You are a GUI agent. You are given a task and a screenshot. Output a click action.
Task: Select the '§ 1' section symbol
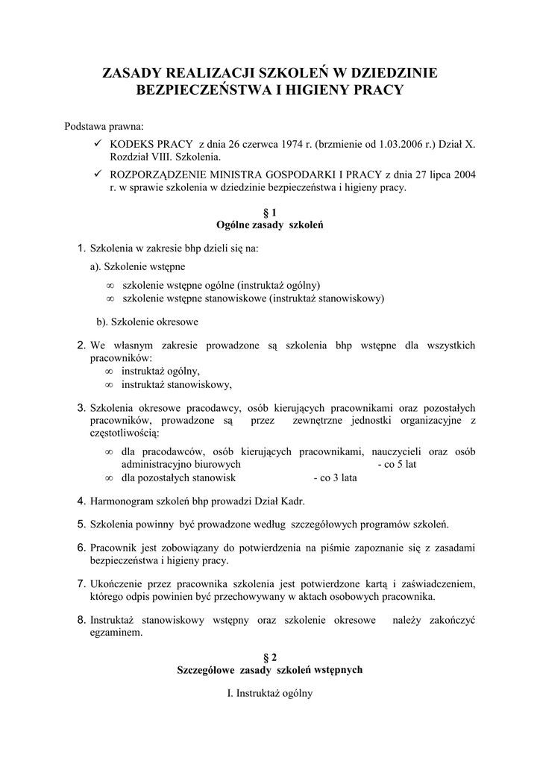pyautogui.click(x=270, y=213)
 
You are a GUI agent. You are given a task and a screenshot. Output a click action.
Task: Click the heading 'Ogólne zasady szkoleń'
pyautogui.click(x=270, y=225)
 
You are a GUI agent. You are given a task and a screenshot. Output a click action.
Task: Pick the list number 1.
pyautogui.click(x=82, y=248)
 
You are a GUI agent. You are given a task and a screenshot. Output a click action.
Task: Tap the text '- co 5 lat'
pyautogui.click(x=398, y=464)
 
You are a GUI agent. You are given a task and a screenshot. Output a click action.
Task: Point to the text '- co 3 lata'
pyautogui.click(x=334, y=477)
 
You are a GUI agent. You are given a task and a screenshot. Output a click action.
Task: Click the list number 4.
pyautogui.click(x=82, y=501)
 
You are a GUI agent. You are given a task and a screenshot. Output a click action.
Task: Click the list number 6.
pyautogui.click(x=82, y=548)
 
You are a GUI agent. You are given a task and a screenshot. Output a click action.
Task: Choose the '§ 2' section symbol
pyautogui.click(x=270, y=657)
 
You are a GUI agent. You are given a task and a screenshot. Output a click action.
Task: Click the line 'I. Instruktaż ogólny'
pyautogui.click(x=270, y=693)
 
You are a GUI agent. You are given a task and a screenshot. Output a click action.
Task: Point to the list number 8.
pyautogui.click(x=82, y=619)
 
